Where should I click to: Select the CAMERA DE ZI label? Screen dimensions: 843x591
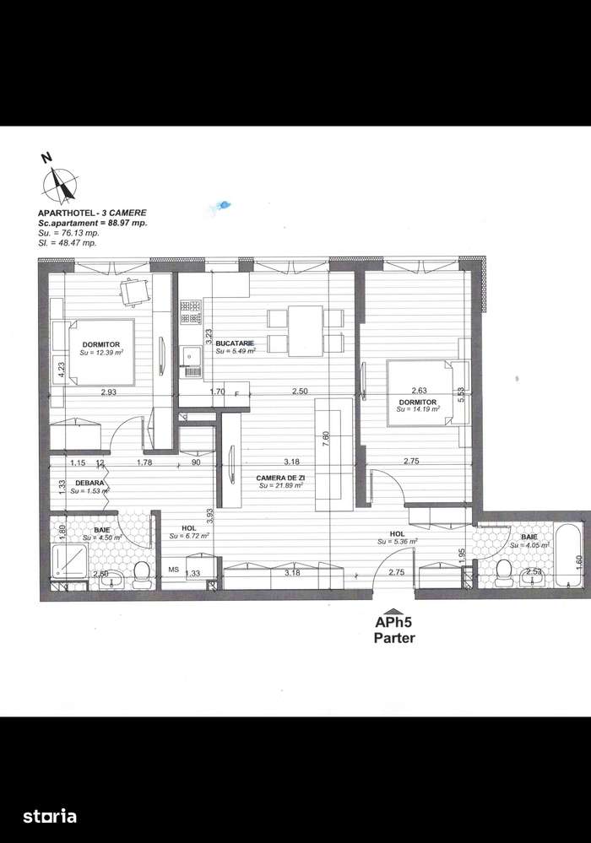[x=282, y=478]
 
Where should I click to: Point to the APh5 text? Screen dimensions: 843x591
[x=394, y=624]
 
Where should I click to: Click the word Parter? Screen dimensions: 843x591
[x=394, y=639]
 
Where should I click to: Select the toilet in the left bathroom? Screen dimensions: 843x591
[x=140, y=573]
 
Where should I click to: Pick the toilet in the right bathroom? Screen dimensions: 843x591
[x=506, y=571]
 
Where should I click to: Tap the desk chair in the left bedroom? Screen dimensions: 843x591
[x=133, y=291]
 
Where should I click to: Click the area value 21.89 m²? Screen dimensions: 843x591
[x=282, y=486]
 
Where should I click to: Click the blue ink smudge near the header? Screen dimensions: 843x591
[x=223, y=203]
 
